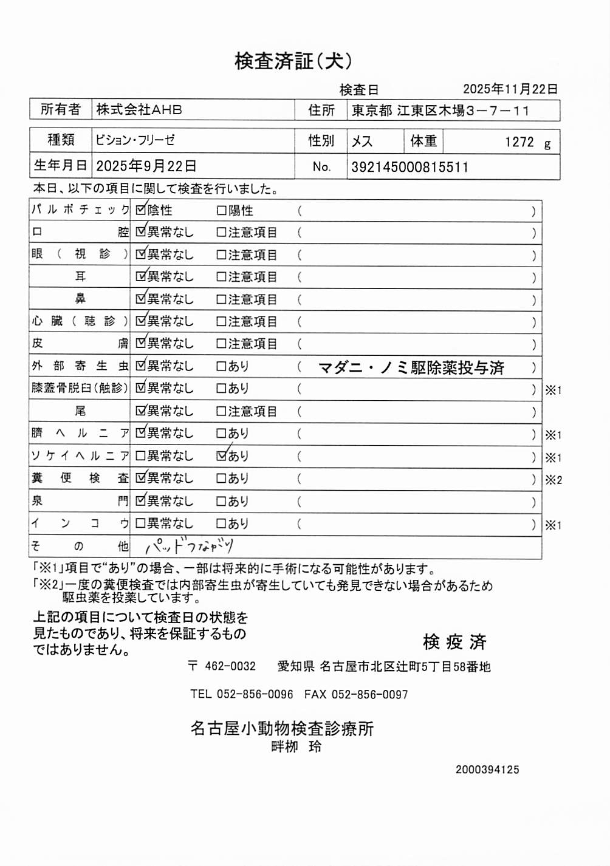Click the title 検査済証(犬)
tap(293, 61)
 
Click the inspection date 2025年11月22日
tap(510, 89)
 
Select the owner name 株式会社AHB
tap(139, 110)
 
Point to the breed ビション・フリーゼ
tap(135, 140)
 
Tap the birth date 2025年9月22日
tap(146, 166)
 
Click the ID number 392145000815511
tap(410, 167)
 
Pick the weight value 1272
tap(519, 142)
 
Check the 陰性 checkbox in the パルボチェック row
tap(141, 210)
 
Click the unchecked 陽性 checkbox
tap(222, 211)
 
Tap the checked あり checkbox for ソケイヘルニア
tap(222, 455)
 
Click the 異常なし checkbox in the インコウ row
tap(140, 523)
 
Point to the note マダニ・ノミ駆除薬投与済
tap(411, 367)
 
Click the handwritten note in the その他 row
tap(190, 546)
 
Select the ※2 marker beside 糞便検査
tap(553, 480)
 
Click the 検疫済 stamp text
tap(454, 642)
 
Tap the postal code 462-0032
tap(230, 666)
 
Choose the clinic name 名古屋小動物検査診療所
tap(282, 728)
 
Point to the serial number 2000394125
tap(487, 769)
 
